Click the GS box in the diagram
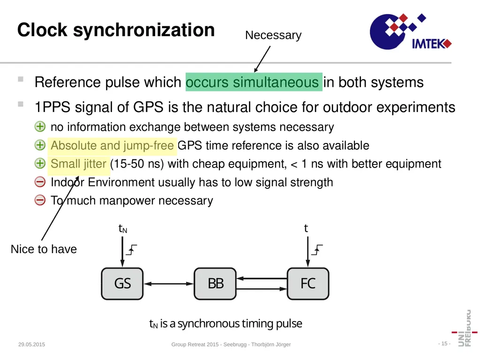122,284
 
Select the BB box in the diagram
215,284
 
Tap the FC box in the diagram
308,284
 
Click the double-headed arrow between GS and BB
169,284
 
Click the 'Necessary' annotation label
273,35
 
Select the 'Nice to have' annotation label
44,249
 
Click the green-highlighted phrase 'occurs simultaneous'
253,82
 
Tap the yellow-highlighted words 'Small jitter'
78,164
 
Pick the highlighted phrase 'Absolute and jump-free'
112,146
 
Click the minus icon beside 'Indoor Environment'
40,182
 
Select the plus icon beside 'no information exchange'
40,127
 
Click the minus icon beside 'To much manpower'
40,201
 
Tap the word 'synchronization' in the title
144,30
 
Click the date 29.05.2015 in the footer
31,345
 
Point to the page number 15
444,344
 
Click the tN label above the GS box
123,229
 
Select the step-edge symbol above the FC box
317,250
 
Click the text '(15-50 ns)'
137,164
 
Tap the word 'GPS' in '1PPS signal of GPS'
148,107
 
